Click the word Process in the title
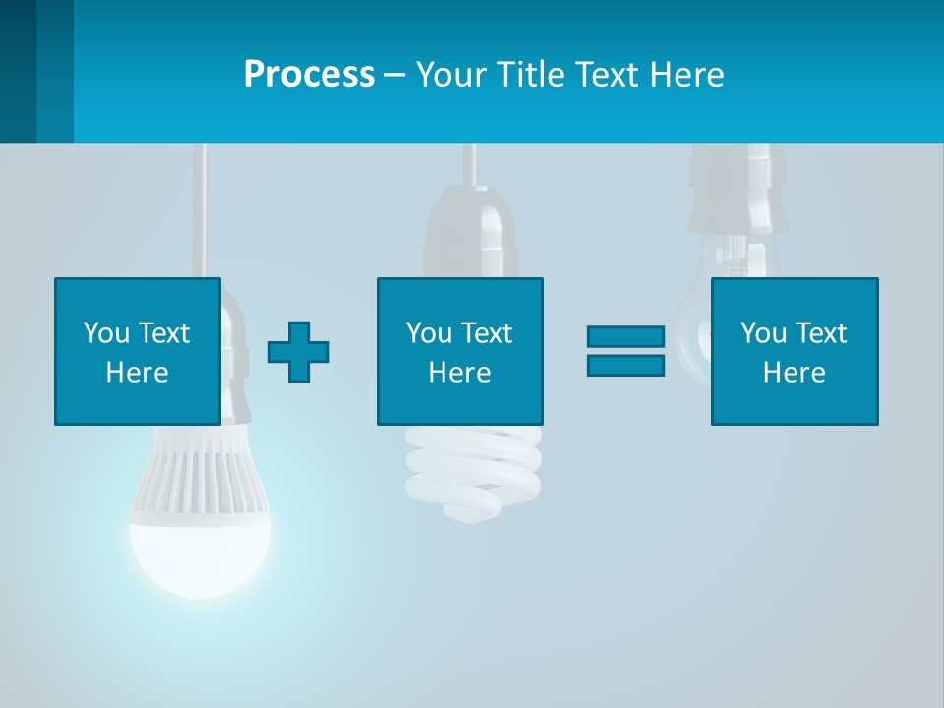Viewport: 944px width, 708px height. [309, 75]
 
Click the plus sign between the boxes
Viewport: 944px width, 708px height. [299, 351]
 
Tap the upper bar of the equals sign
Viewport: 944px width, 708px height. [625, 337]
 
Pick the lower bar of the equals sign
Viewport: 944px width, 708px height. [625, 365]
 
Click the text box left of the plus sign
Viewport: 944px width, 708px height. [138, 351]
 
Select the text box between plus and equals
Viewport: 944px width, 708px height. [459, 351]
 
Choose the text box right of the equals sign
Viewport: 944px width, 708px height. [794, 351]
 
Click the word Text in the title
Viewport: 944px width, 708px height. [605, 75]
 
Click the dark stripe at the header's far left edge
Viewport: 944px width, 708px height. [18, 71]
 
